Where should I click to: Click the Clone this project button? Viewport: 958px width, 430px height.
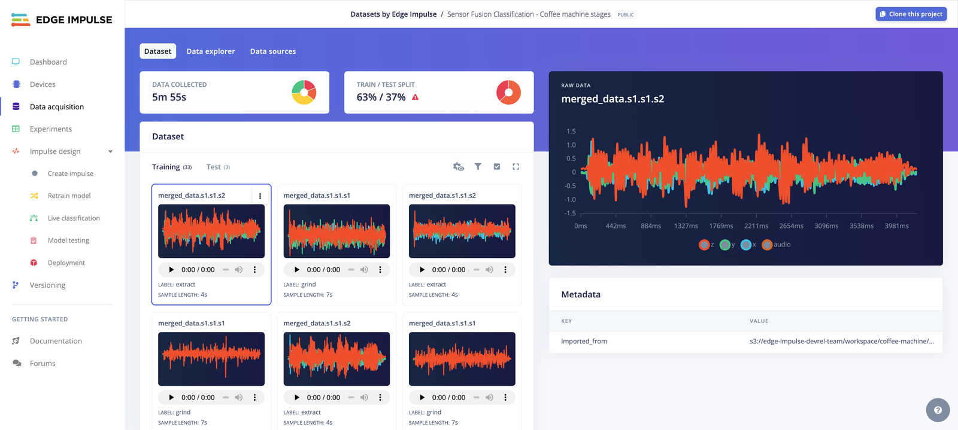pyautogui.click(x=911, y=14)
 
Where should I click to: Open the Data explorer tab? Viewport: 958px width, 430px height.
pyautogui.click(x=210, y=51)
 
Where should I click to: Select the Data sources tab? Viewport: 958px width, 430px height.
pyautogui.click(x=272, y=51)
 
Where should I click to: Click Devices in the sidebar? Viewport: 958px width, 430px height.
pyautogui.click(x=43, y=84)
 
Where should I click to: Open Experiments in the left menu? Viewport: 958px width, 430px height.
pyautogui.click(x=51, y=129)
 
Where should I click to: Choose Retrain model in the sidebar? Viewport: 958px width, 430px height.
pyautogui.click(x=69, y=196)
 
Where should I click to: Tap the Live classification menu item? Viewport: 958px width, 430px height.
pyautogui.click(x=74, y=218)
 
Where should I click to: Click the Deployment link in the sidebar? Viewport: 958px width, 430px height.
pyautogui.click(x=66, y=263)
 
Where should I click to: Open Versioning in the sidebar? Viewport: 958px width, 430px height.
pyautogui.click(x=47, y=285)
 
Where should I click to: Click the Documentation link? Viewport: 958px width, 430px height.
pyautogui.click(x=56, y=341)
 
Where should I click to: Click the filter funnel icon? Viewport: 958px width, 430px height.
pyautogui.click(x=478, y=167)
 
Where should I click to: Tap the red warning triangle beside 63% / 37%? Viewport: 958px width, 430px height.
pyautogui.click(x=416, y=97)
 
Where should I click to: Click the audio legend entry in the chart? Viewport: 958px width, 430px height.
pyautogui.click(x=777, y=245)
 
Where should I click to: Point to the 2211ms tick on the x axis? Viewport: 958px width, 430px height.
pyautogui.click(x=756, y=226)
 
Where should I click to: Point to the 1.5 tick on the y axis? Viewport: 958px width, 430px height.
pyautogui.click(x=571, y=132)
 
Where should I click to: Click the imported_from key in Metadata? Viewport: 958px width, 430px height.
pyautogui.click(x=584, y=341)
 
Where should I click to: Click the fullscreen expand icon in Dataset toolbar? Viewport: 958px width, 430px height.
pyautogui.click(x=516, y=167)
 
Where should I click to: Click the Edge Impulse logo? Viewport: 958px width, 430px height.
pyautogui.click(x=62, y=20)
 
